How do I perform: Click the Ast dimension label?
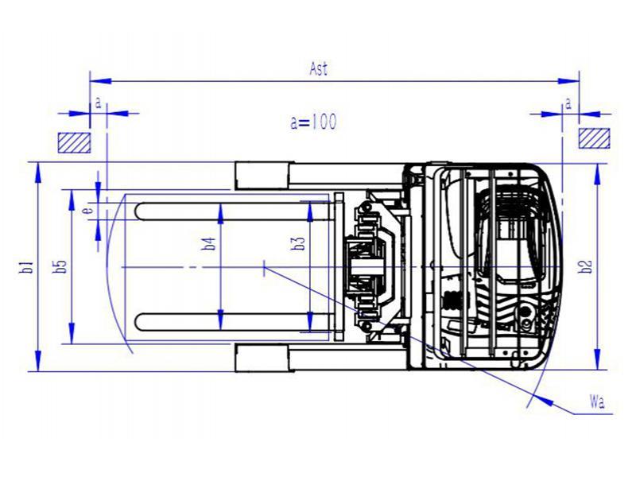[x=319, y=68]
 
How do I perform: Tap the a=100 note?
[x=313, y=122]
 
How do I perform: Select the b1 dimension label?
[x=27, y=267]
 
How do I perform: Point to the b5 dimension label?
[x=60, y=266]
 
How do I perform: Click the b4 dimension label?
[x=209, y=243]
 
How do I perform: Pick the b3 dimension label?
[x=299, y=242]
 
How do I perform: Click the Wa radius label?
[x=597, y=402]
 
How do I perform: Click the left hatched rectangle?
[x=74, y=143]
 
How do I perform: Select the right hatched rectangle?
[x=594, y=138]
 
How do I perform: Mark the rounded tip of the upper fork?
[x=136, y=211]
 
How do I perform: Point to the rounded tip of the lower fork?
[x=136, y=322]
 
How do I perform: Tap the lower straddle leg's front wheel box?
[x=263, y=359]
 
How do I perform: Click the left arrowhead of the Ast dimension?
[x=100, y=81]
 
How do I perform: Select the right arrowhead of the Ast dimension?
[x=568, y=81]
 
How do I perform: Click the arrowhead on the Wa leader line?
[x=545, y=401]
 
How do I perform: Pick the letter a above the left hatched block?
[x=98, y=103]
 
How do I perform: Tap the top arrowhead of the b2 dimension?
[x=597, y=174]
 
